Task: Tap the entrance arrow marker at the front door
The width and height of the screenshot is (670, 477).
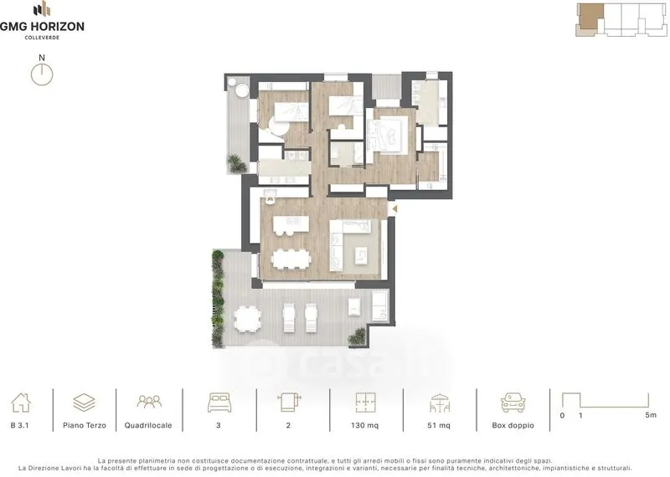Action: click(394, 209)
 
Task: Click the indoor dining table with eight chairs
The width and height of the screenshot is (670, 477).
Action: click(291, 259)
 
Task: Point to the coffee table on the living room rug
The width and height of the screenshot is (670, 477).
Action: click(362, 256)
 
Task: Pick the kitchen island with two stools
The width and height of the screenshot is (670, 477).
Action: click(291, 225)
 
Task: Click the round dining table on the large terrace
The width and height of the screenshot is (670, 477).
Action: click(247, 319)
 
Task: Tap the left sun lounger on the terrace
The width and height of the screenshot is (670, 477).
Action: click(289, 318)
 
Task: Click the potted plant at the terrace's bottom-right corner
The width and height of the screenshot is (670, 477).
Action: click(357, 336)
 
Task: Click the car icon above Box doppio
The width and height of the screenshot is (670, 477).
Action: click(513, 403)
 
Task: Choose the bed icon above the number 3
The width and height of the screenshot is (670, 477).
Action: click(219, 403)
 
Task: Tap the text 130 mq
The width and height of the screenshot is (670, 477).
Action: click(364, 425)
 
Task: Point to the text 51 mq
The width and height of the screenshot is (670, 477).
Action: click(439, 425)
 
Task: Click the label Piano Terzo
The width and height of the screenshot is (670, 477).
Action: click(85, 425)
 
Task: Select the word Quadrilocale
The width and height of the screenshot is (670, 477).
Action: click(148, 425)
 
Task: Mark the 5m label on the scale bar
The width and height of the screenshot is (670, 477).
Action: click(651, 414)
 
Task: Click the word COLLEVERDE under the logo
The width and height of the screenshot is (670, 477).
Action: click(42, 38)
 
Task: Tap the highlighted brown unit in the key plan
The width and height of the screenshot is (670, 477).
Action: click(591, 17)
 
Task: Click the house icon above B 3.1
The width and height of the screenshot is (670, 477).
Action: click(21, 403)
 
